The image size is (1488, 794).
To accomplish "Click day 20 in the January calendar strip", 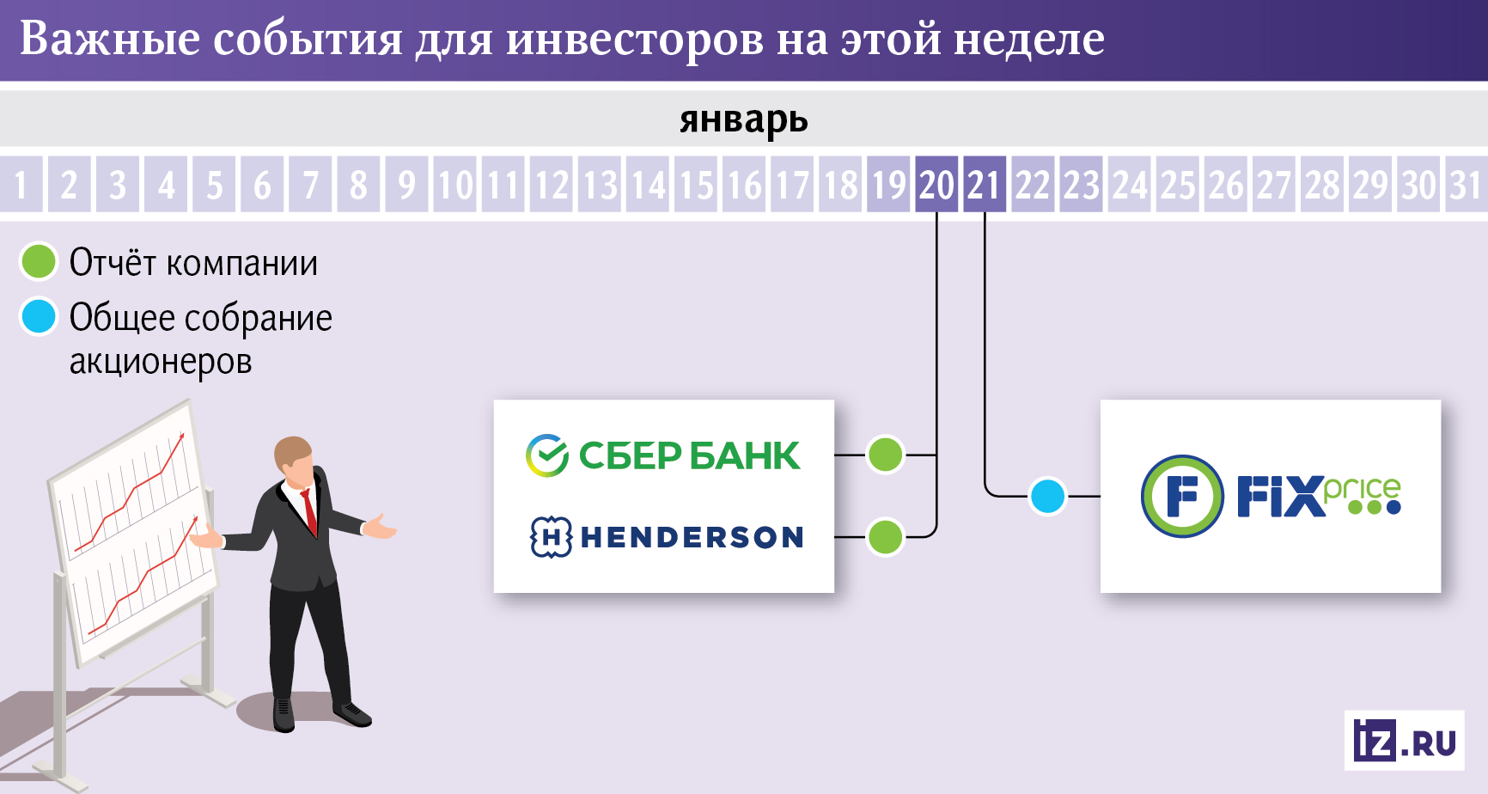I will click(x=936, y=185).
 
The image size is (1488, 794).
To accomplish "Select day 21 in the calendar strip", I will click(x=985, y=185).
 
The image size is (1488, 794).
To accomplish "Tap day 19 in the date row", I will click(x=888, y=185).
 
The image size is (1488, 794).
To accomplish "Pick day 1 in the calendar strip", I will click(x=21, y=185).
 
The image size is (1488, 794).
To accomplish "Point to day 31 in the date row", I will click(x=1466, y=185).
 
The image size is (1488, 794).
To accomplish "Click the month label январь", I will click(x=744, y=119).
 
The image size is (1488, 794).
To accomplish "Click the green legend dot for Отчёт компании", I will click(x=39, y=262).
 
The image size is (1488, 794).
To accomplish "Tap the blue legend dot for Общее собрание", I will click(x=39, y=316).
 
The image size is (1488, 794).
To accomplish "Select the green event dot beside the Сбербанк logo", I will click(x=886, y=455).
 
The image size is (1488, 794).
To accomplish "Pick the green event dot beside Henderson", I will click(x=886, y=537).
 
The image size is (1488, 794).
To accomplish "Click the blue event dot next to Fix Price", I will click(x=1047, y=496).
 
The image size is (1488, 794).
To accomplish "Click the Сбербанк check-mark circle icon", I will click(x=547, y=455).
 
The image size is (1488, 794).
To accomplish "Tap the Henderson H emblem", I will click(x=551, y=537).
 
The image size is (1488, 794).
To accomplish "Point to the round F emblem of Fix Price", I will click(x=1182, y=496).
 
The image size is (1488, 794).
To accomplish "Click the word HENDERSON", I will click(x=692, y=538).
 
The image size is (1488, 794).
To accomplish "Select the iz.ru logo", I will click(x=1404, y=741).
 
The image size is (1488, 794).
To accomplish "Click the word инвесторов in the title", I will click(x=634, y=40).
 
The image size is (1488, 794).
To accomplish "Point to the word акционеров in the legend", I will click(x=161, y=362).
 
